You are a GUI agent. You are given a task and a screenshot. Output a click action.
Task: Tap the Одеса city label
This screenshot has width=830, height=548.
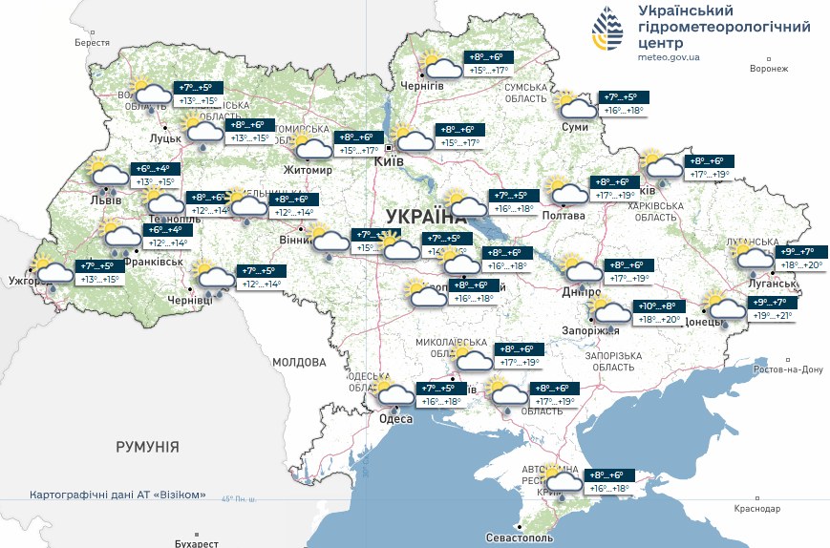coord(396,419)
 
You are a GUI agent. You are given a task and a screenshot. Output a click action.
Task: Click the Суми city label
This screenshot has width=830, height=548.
coord(575,126)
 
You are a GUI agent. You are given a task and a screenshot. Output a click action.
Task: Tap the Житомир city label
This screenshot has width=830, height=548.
coord(308,171)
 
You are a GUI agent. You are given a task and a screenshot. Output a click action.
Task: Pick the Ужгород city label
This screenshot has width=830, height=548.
coord(26,282)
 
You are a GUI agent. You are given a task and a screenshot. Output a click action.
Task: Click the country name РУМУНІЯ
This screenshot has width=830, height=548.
coord(147,447)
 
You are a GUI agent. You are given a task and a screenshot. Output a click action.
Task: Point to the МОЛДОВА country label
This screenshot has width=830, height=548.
coord(299,363)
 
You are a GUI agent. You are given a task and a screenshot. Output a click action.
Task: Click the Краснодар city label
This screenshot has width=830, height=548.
coord(759,509)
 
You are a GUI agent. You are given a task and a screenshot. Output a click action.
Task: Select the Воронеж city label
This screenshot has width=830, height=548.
coord(769,69)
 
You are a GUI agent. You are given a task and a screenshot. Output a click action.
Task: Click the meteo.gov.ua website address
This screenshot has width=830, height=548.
coord(669,57)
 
